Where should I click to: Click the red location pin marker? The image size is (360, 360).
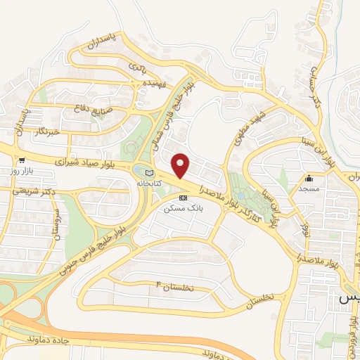[181, 166]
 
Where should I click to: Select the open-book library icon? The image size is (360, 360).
[148, 173]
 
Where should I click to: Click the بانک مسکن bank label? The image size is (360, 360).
[179, 209]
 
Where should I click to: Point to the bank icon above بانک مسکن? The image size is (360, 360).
[184, 198]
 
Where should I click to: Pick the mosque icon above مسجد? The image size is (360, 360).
[309, 177]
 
